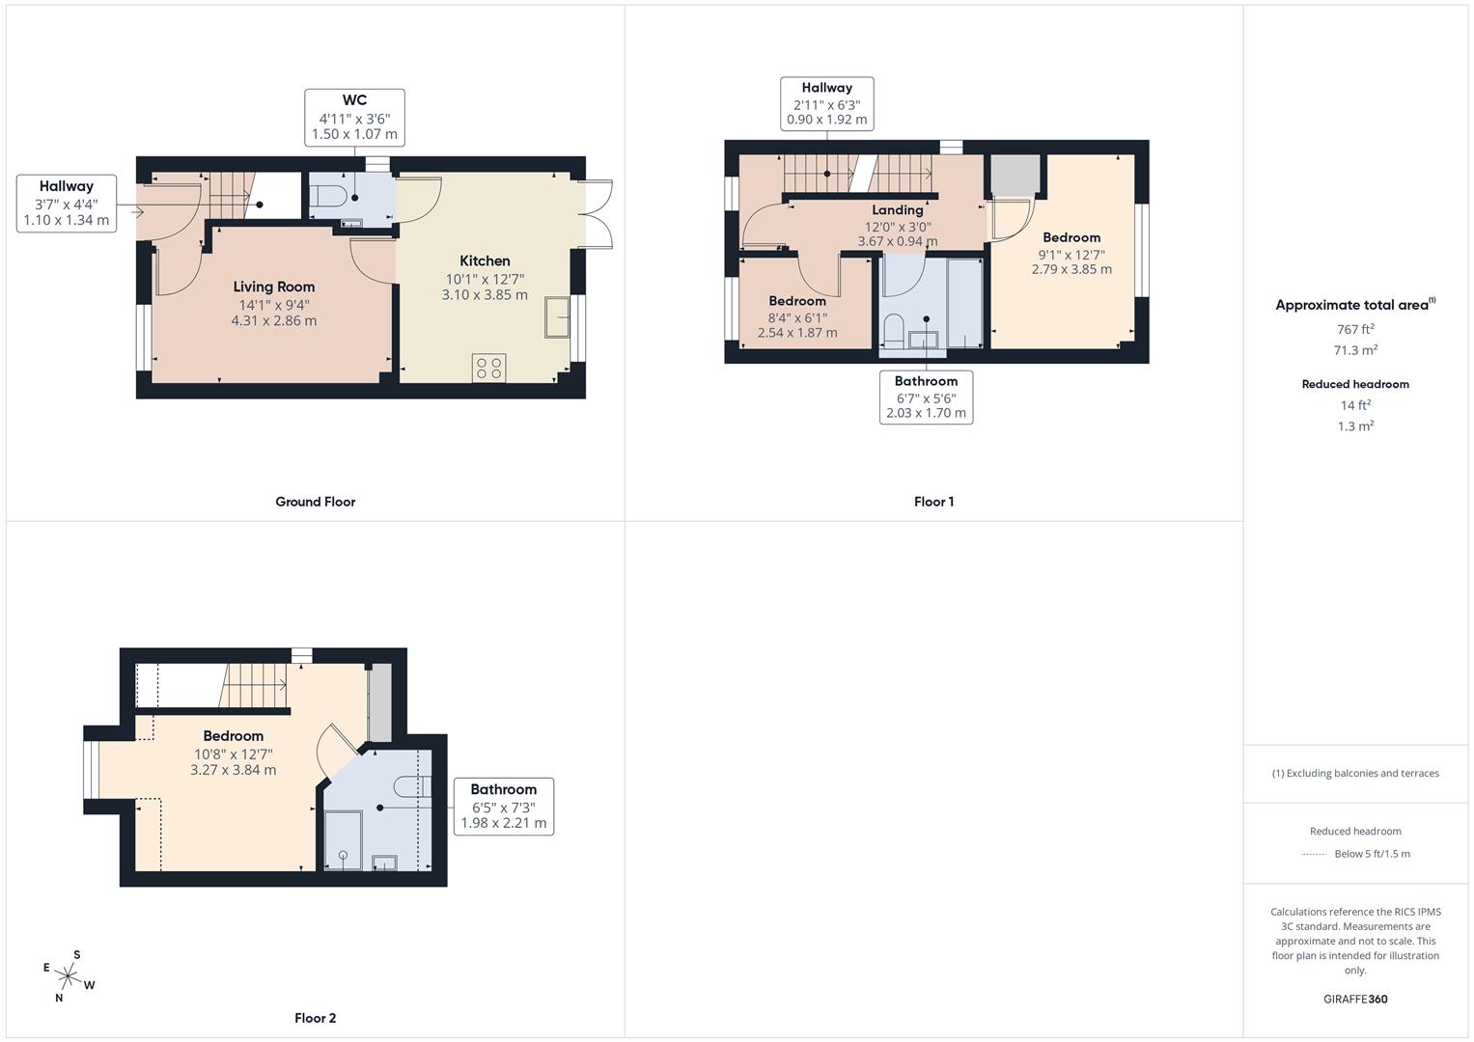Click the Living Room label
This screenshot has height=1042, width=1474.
coord(274,287)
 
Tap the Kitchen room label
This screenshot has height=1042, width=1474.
coord(485,260)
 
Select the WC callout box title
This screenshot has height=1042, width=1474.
coord(354,100)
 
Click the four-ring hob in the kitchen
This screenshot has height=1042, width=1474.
coord(489,367)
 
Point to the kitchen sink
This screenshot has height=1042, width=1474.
coord(557,317)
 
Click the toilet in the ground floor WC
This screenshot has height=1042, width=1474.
coord(328,196)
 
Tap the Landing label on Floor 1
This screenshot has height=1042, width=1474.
coord(898,210)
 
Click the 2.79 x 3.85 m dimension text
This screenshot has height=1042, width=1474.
coord(1071,269)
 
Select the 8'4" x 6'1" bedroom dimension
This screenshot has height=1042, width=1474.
coord(797,317)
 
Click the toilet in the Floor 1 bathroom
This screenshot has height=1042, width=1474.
coord(893,331)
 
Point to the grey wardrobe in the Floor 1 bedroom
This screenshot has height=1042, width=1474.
coord(1015,175)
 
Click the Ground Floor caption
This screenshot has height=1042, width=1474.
coord(316,502)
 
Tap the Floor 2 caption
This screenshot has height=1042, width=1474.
coord(316,1018)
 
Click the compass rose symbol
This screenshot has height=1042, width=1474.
coord(68,976)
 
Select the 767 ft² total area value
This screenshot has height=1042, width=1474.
coord(1355,329)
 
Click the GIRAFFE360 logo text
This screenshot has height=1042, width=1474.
coord(1355,999)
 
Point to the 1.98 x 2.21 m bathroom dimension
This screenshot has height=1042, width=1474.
coord(503,823)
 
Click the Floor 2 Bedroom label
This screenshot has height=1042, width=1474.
coord(233,736)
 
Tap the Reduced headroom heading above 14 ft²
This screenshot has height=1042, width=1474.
coord(1355,384)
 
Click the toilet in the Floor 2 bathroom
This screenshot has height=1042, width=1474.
coord(412,786)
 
